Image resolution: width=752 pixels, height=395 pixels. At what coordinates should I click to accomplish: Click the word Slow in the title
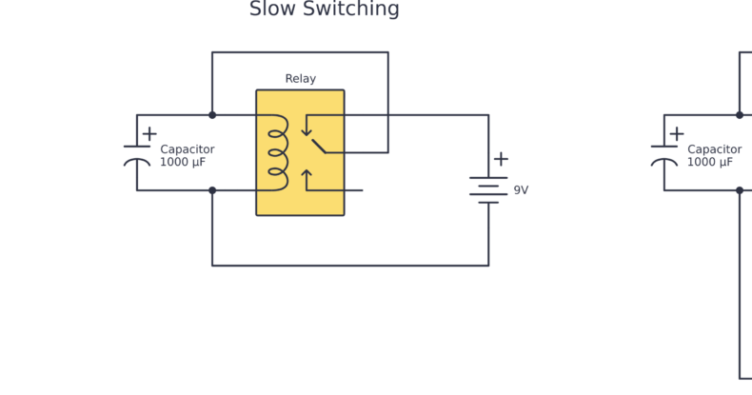click(271, 10)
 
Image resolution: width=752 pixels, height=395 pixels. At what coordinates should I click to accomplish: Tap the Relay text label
click(300, 79)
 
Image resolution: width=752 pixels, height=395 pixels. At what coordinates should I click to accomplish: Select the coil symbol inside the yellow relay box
click(277, 152)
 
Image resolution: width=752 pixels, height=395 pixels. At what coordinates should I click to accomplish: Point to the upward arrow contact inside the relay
click(307, 178)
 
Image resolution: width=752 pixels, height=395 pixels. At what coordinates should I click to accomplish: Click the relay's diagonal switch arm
click(319, 145)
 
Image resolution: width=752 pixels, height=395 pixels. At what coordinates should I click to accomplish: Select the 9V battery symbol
click(488, 189)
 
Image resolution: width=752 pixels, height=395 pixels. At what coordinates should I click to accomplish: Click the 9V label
click(521, 190)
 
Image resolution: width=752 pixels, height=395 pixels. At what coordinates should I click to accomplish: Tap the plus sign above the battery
click(501, 159)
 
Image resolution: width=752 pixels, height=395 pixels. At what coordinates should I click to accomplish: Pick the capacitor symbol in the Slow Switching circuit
click(137, 154)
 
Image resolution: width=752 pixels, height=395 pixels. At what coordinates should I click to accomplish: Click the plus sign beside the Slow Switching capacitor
click(149, 134)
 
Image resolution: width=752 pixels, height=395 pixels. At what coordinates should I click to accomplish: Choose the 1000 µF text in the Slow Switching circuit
click(183, 163)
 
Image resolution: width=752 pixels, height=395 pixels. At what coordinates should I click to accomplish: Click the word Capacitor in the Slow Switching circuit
click(187, 149)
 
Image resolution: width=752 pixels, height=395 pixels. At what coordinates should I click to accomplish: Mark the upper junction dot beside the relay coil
click(212, 115)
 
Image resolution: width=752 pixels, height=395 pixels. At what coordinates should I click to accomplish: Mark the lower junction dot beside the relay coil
click(212, 190)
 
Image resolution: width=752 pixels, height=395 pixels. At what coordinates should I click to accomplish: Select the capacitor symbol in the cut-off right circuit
click(664, 154)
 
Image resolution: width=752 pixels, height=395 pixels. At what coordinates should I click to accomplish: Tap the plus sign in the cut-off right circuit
click(677, 134)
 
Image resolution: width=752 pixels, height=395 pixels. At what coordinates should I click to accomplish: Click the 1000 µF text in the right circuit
click(710, 163)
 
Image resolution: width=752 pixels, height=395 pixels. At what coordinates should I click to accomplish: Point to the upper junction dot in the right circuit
click(740, 115)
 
